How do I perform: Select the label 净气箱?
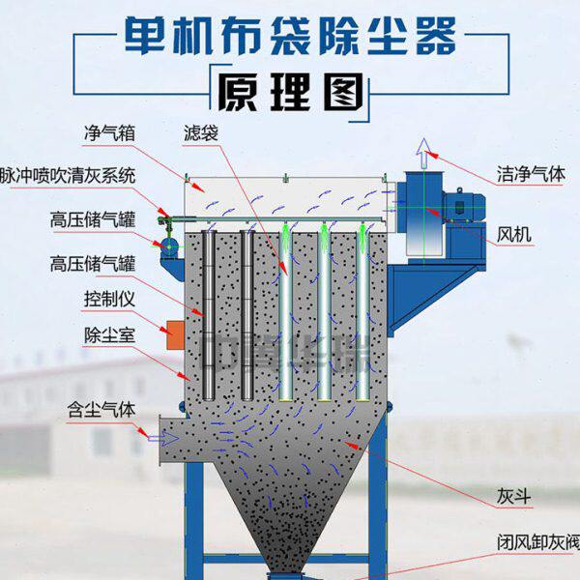[108, 131]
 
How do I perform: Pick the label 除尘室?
[108, 334]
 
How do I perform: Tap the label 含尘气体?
[101, 407]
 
